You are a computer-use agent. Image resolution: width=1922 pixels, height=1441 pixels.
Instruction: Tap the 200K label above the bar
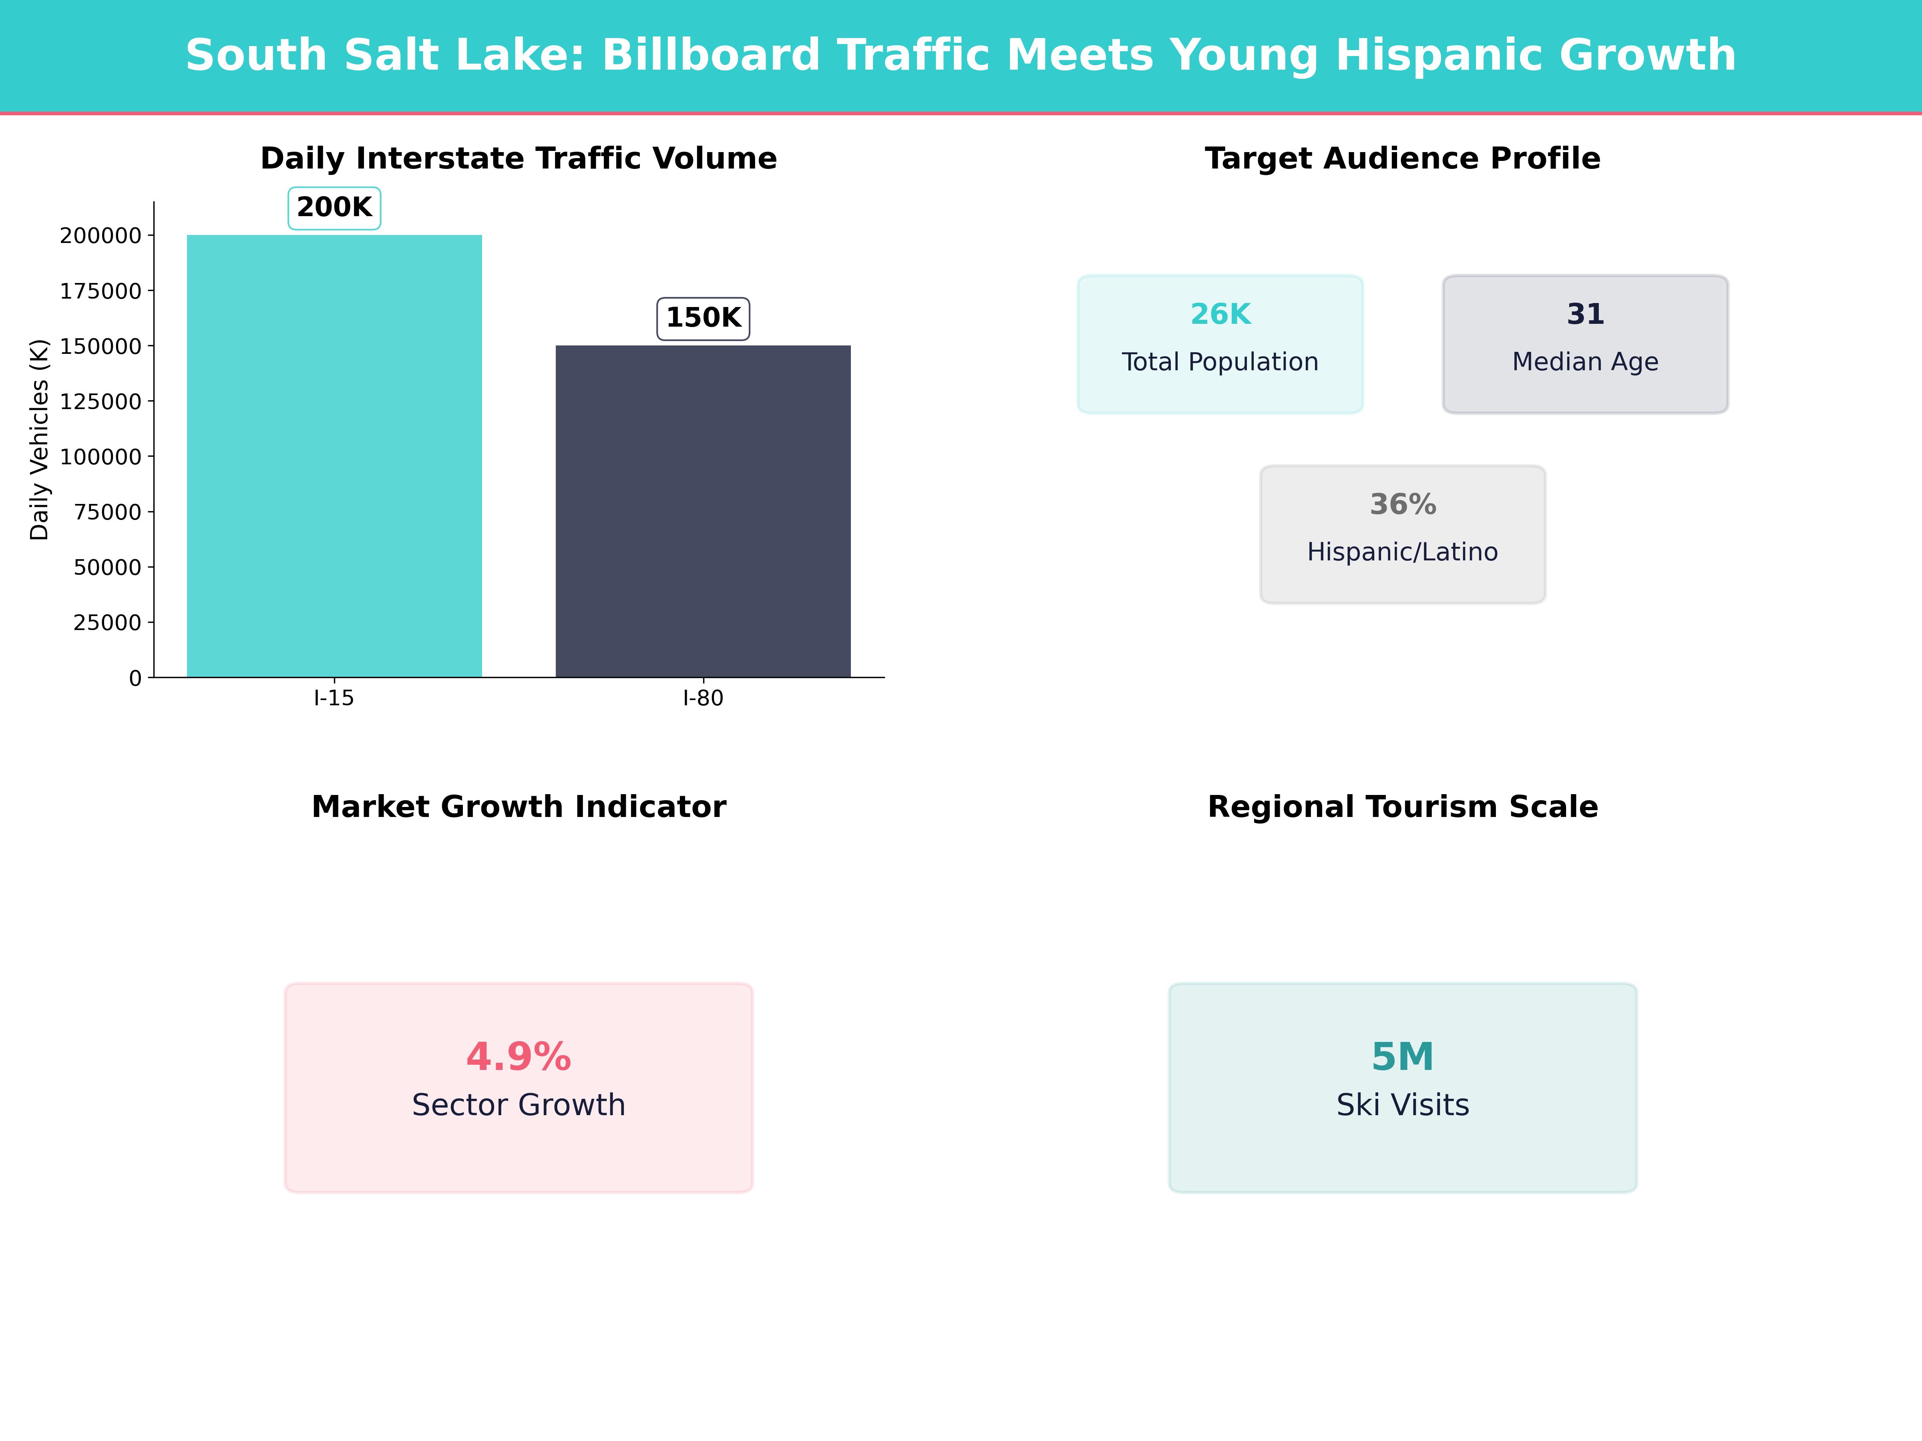[334, 208]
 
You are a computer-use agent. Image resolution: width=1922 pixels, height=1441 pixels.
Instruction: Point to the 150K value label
[703, 318]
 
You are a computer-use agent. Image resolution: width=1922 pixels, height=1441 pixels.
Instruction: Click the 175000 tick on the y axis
[101, 291]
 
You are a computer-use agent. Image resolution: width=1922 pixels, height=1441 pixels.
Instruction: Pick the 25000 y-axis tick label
[107, 623]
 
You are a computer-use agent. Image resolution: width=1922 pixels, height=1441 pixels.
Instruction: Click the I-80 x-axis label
[703, 698]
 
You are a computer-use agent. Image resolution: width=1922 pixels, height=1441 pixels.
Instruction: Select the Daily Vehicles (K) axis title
[39, 440]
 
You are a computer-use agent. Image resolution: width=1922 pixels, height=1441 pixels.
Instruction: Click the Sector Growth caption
[519, 1105]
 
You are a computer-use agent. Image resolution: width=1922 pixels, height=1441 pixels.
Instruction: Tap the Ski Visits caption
[1402, 1105]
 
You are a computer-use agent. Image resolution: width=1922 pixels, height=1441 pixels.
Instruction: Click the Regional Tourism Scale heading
[1402, 807]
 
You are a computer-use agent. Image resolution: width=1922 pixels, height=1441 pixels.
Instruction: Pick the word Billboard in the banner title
[711, 56]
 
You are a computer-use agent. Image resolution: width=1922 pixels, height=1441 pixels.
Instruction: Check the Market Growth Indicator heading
[519, 807]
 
